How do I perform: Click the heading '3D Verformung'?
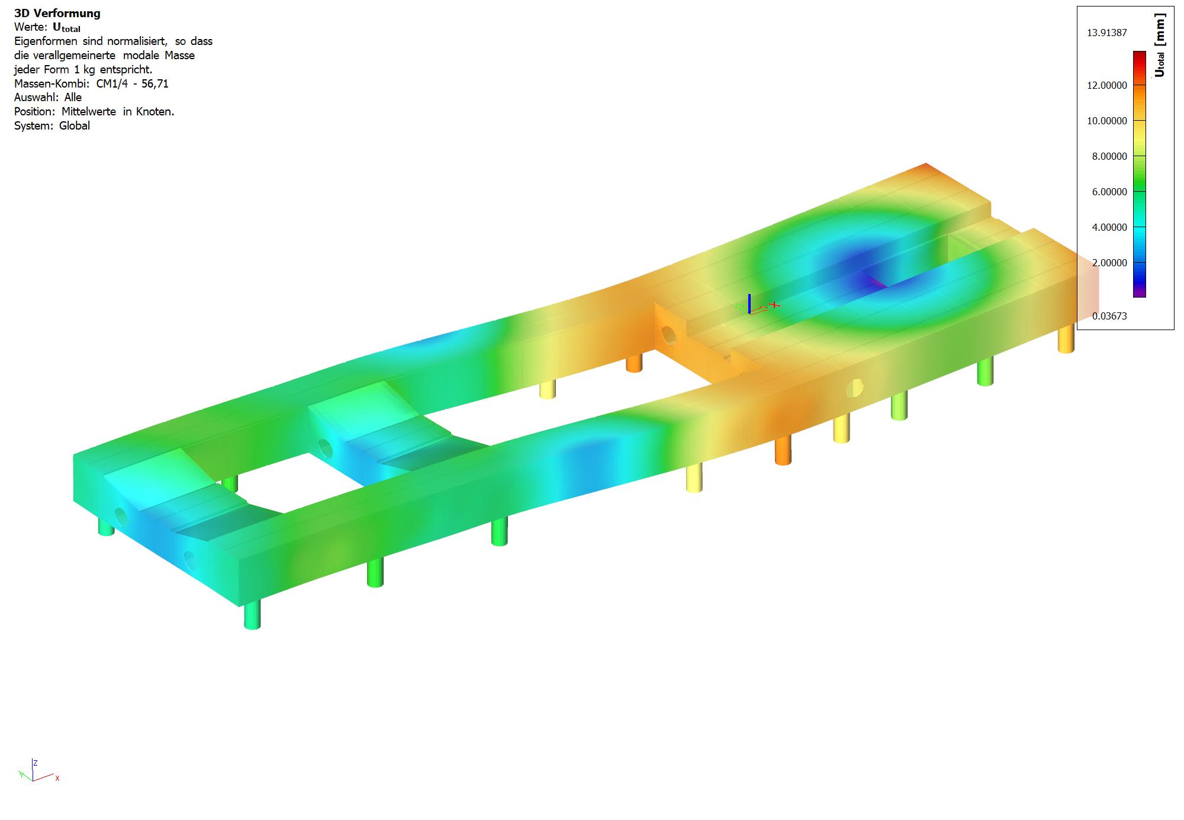point(57,13)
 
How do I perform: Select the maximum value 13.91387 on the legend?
point(1106,33)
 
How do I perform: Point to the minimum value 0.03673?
point(1109,316)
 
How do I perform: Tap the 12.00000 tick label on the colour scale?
point(1106,85)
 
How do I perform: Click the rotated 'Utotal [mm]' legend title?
point(1160,47)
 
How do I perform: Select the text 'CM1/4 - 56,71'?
point(132,83)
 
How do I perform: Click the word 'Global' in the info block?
point(75,125)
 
